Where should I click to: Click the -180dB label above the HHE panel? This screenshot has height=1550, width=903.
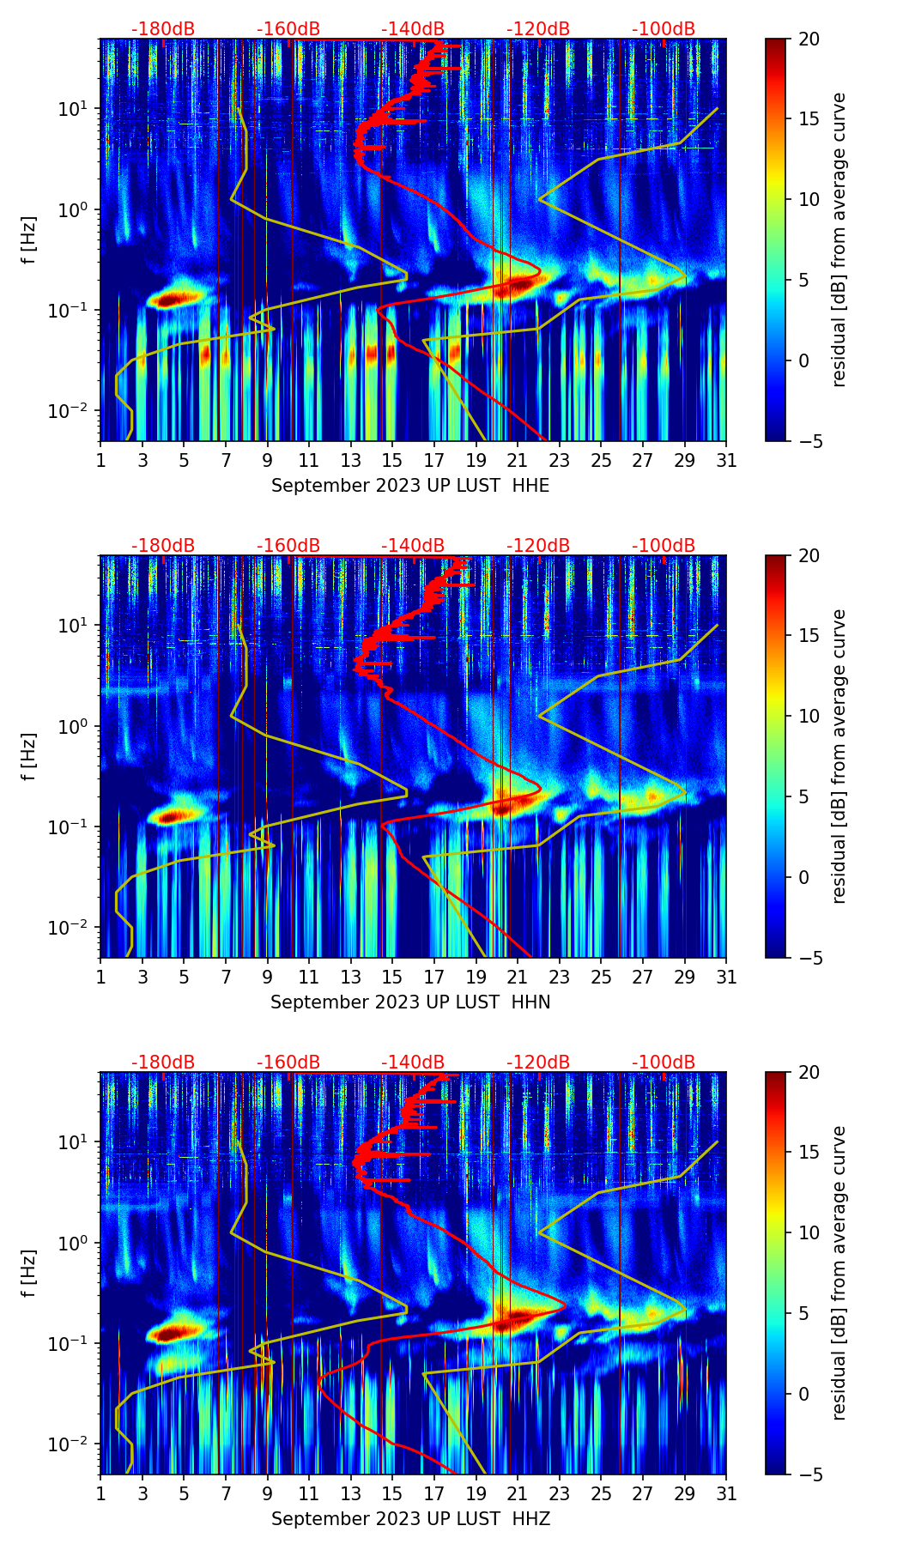pyautogui.click(x=163, y=29)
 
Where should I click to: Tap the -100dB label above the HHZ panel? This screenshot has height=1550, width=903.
pyautogui.click(x=664, y=1063)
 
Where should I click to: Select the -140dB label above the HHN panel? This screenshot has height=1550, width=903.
pyautogui.click(x=413, y=546)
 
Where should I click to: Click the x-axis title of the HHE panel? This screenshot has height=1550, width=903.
pyautogui.click(x=410, y=486)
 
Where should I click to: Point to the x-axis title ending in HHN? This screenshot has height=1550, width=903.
pyautogui.click(x=410, y=1002)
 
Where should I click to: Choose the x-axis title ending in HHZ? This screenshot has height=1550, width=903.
pyautogui.click(x=410, y=1519)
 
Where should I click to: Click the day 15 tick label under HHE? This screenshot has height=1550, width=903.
pyautogui.click(x=392, y=460)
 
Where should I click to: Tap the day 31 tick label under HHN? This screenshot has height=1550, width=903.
pyautogui.click(x=726, y=977)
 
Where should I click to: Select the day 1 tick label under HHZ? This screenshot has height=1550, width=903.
pyautogui.click(x=100, y=1493)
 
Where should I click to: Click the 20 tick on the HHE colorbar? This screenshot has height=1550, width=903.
pyautogui.click(x=809, y=39)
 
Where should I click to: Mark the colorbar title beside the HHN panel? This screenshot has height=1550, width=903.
pyautogui.click(x=839, y=756)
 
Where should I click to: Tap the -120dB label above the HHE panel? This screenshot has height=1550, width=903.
pyautogui.click(x=538, y=29)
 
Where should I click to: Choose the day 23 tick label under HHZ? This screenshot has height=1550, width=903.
pyautogui.click(x=559, y=1493)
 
